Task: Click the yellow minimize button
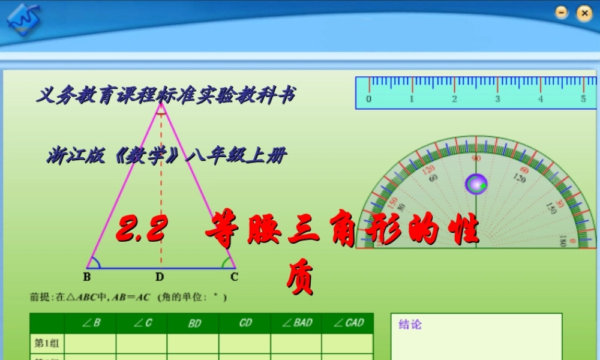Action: click(x=562, y=13)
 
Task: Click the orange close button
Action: click(x=583, y=13)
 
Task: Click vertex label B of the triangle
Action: click(x=87, y=277)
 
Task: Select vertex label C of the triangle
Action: click(x=235, y=277)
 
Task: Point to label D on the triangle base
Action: click(x=160, y=277)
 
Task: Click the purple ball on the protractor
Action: click(x=476, y=184)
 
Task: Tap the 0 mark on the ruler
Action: click(x=368, y=99)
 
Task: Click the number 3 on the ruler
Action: click(x=497, y=99)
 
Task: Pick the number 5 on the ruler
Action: click(x=583, y=99)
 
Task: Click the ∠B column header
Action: click(x=91, y=323)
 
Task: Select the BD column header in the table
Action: click(x=194, y=323)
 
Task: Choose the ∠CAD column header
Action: click(x=347, y=323)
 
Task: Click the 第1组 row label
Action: click(x=46, y=343)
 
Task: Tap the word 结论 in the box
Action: click(x=410, y=325)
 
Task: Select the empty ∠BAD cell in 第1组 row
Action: click(x=296, y=343)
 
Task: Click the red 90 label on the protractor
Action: click(x=476, y=158)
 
